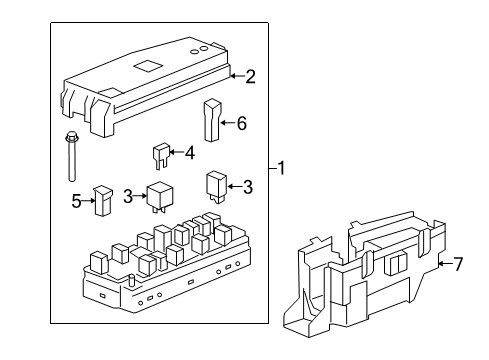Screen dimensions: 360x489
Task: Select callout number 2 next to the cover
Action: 251,75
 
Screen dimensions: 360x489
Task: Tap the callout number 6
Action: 240,123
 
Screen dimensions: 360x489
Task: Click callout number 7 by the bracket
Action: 459,264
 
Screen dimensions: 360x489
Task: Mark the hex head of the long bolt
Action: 71,139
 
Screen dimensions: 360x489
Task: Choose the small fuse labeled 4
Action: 160,156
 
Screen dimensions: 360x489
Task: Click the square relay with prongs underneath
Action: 159,195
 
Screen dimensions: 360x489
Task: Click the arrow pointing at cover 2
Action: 235,75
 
